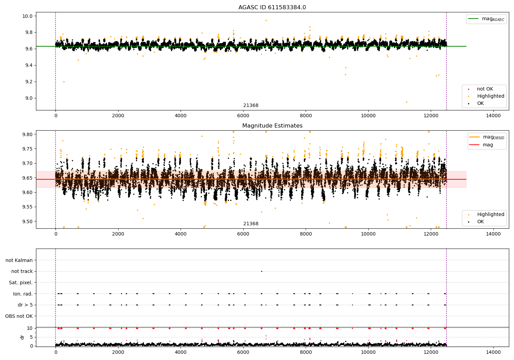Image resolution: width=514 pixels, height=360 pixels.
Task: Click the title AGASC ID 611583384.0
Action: [272, 8]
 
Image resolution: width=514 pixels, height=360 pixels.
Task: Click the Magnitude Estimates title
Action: [272, 126]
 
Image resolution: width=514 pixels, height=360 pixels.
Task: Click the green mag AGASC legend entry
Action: [487, 19]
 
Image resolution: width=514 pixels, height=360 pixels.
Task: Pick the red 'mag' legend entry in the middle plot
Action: [488, 145]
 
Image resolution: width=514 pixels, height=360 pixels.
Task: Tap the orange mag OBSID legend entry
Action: [488, 137]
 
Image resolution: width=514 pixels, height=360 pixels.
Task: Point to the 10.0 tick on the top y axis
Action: [28, 16]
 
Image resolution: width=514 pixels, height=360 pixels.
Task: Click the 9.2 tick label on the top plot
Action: [28, 82]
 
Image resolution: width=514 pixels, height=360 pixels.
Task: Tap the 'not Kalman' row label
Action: [19, 260]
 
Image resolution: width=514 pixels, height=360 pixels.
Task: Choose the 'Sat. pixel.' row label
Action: [21, 283]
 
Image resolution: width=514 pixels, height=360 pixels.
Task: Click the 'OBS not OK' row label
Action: [19, 316]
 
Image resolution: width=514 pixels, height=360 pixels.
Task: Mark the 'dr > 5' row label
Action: [25, 305]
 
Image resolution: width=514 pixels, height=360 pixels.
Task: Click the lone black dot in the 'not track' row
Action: [261, 271]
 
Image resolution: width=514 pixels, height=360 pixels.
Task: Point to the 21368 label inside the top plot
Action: [251, 106]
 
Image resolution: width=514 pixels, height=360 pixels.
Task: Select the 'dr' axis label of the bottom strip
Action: [22, 337]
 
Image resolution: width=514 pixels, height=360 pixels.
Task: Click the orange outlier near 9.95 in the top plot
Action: [266, 20]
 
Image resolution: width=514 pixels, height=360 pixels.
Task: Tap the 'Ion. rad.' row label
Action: [23, 294]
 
